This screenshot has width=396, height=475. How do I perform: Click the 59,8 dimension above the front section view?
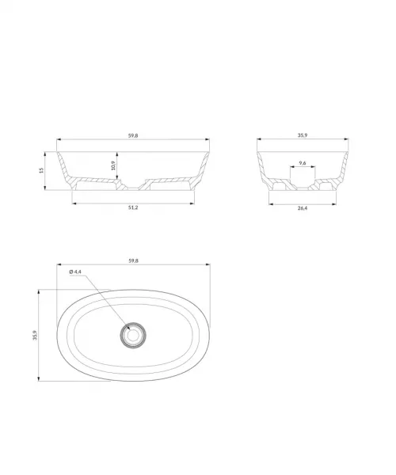(133, 135)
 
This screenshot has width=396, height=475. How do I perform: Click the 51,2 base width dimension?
(133, 207)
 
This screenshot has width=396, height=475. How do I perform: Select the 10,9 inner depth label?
(113, 165)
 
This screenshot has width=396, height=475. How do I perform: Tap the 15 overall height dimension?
(41, 170)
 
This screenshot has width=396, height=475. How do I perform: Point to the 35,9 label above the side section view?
(303, 135)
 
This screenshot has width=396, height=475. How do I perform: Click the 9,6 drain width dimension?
(303, 163)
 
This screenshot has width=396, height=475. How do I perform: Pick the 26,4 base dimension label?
(303, 208)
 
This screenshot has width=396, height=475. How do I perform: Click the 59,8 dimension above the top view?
(133, 260)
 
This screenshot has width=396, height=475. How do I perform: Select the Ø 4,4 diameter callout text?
(75, 272)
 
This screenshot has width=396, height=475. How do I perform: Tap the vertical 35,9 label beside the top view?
(35, 336)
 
